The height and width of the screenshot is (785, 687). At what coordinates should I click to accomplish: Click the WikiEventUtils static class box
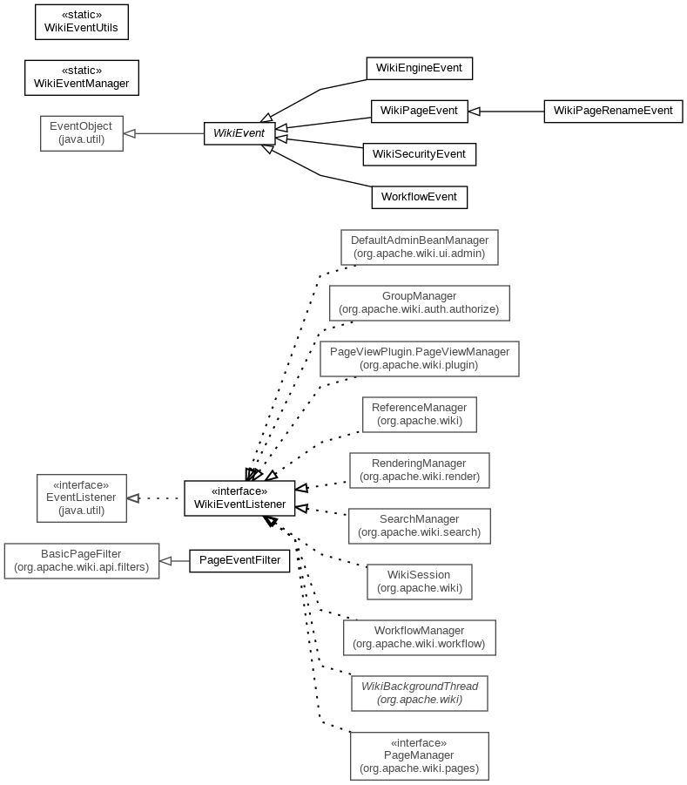pos(82,22)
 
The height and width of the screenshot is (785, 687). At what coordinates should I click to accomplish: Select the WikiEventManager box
pos(82,78)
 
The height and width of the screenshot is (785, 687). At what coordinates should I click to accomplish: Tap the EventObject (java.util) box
pos(82,133)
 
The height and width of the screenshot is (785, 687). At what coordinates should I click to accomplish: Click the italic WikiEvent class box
pos(239,133)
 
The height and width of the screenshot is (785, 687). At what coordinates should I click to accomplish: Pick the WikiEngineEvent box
pos(420,68)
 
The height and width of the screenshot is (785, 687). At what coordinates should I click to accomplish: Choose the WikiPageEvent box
pos(420,112)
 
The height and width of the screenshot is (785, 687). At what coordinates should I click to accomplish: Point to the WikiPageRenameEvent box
pos(613,112)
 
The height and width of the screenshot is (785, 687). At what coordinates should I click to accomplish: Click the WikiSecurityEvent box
pos(419,154)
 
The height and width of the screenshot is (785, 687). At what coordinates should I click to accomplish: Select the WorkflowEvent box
pos(419,197)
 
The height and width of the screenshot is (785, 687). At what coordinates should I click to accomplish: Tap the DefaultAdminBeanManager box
pos(420,247)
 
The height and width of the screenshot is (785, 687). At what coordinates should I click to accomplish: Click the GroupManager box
pos(419,303)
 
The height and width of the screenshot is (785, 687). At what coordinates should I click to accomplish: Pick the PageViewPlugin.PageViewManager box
pos(419,359)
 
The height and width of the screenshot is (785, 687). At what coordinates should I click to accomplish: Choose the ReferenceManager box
pos(419,415)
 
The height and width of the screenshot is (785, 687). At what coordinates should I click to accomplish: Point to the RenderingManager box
pos(419,470)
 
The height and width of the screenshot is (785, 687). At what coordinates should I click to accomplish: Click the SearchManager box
pos(419,526)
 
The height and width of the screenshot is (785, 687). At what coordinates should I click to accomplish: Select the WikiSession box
pos(419,582)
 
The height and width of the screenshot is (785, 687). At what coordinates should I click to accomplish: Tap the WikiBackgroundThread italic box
pos(419,694)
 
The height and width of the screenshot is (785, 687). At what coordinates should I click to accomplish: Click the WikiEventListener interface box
pos(239,498)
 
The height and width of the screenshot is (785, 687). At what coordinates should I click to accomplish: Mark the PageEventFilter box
pos(239,560)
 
